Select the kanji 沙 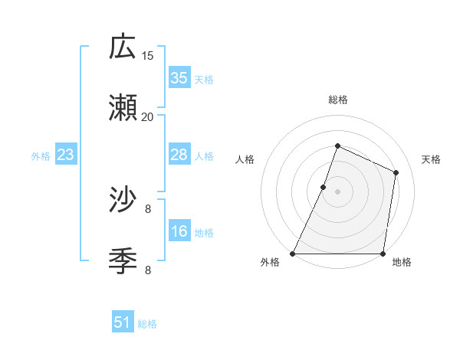pos(123,201)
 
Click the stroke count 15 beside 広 pos(148,55)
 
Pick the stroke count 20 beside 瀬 pos(148,116)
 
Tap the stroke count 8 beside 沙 pos(148,208)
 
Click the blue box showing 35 pos(179,78)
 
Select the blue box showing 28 pos(179,155)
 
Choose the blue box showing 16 pos(179,231)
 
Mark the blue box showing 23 pos(65,155)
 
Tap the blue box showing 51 pos(123,322)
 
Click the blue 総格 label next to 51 pos(147,324)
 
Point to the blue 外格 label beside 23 pos(41,156)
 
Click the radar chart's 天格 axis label pos(431,159)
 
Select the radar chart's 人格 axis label pos(245,159)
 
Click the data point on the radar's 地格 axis pos(383,254)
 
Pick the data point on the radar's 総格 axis pos(337,146)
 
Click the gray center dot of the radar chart pos(337,191)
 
